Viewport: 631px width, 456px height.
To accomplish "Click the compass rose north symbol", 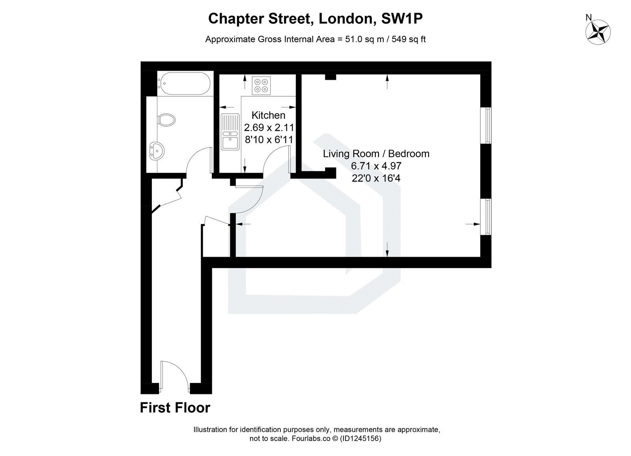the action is pyautogui.click(x=598, y=32).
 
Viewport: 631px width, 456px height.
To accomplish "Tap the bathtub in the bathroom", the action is pyautogui.click(x=184, y=83).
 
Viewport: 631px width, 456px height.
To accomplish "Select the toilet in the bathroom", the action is pyautogui.click(x=167, y=120).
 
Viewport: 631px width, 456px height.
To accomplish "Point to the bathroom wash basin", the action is pyautogui.click(x=157, y=151).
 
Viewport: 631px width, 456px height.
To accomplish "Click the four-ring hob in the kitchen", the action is pyautogui.click(x=261, y=86).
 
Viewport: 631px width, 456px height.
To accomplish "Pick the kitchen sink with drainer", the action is pyautogui.click(x=230, y=132).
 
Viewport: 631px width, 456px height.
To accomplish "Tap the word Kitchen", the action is pyautogui.click(x=268, y=115).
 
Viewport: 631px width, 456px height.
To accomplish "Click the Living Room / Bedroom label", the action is pyautogui.click(x=376, y=154).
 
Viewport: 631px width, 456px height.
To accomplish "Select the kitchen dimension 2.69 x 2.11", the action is pyautogui.click(x=269, y=128).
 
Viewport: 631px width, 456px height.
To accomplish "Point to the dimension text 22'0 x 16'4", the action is pyautogui.click(x=376, y=178).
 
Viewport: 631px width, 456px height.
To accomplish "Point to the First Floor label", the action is pyautogui.click(x=175, y=408).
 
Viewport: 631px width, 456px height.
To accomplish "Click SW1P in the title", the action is pyautogui.click(x=402, y=19).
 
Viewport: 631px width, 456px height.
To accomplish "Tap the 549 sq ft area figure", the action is pyautogui.click(x=409, y=39).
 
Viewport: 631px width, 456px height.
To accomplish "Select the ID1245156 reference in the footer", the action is pyautogui.click(x=360, y=439).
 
